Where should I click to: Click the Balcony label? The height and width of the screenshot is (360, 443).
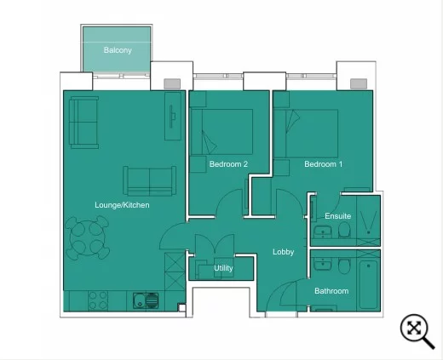[x=118, y=50]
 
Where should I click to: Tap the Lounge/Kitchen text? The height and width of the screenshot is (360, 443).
[x=122, y=205]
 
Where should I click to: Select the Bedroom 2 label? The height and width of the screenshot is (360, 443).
[x=228, y=164]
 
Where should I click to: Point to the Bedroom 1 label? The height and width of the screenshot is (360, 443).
[x=324, y=164]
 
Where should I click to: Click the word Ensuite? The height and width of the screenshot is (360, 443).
[x=338, y=216]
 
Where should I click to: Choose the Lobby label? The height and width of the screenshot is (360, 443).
[x=283, y=252]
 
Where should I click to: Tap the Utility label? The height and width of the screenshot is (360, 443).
[x=223, y=268]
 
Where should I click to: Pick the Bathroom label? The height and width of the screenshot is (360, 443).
[x=331, y=291]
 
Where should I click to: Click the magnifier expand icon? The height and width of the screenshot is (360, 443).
[x=417, y=331]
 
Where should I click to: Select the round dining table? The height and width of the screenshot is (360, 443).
[x=87, y=237]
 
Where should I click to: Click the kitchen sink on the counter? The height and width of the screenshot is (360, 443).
[x=146, y=300]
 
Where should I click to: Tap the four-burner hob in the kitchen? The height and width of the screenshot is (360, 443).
[x=98, y=300]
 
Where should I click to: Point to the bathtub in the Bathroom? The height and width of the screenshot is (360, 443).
[x=368, y=284]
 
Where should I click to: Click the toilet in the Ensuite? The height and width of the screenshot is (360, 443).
[x=344, y=230]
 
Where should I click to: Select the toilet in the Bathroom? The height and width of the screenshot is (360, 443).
[x=344, y=266]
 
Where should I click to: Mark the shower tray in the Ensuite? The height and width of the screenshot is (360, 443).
[x=368, y=220]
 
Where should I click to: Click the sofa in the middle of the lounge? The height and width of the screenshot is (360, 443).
[x=149, y=181]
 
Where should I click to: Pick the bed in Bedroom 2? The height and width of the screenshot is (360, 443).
[x=221, y=132]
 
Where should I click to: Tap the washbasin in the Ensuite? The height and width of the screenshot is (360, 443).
[x=323, y=232]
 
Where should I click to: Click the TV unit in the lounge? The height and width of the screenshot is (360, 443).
[x=173, y=116]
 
